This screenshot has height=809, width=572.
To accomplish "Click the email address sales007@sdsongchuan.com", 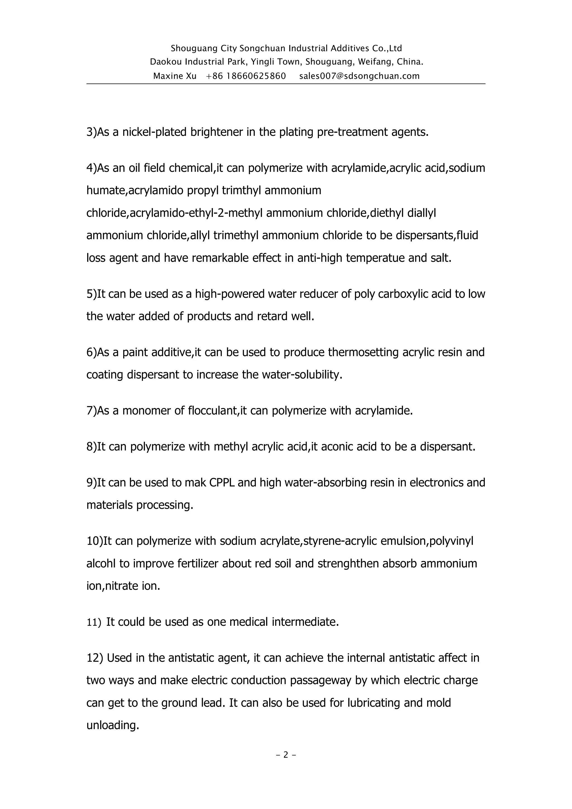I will pos(359,76).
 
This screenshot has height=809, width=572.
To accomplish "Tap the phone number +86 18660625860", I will pos(246,76).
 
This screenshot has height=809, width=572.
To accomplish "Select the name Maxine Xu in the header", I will pos(175,76).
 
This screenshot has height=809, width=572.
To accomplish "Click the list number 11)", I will pos(94,622).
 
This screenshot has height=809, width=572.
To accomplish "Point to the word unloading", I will pos(113,725).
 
